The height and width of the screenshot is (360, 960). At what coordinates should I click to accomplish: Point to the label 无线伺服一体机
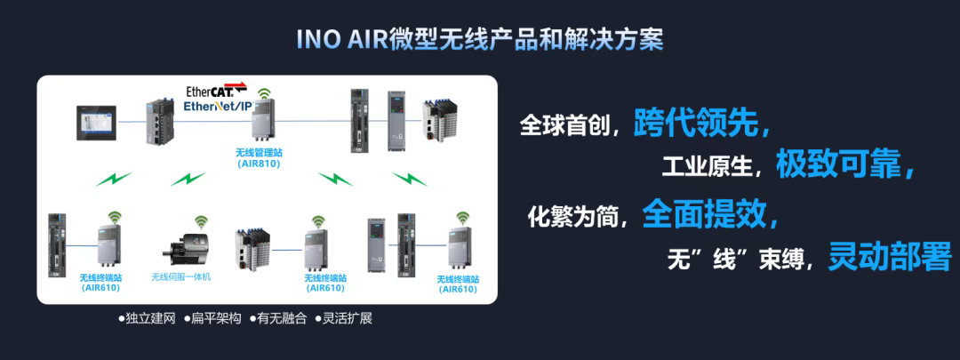[181, 276]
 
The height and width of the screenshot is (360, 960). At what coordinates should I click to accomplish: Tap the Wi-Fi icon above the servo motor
[202, 220]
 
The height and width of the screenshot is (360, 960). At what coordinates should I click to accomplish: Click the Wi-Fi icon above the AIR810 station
[264, 93]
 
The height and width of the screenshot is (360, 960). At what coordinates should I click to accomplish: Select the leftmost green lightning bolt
[113, 180]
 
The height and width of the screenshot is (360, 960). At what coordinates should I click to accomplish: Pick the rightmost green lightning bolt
[410, 180]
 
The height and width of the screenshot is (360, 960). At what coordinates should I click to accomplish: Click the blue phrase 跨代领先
[695, 124]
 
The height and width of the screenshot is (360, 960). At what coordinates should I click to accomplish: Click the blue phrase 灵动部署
[890, 257]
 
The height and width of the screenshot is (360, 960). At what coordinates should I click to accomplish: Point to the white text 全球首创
[564, 125]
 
